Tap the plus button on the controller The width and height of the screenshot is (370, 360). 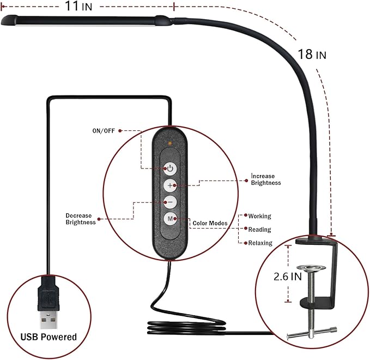click(x=171, y=185)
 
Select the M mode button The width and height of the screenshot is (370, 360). click(x=171, y=219)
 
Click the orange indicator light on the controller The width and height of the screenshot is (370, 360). click(x=171, y=143)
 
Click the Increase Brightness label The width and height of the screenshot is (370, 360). click(x=266, y=179)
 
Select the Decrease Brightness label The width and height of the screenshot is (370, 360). click(x=81, y=219)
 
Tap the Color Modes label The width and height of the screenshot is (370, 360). click(x=210, y=223)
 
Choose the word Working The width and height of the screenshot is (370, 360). click(x=259, y=217)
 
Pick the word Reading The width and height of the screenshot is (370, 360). click(x=259, y=230)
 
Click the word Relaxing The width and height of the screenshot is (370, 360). click(x=260, y=243)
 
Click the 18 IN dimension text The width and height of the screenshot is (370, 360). click(x=312, y=55)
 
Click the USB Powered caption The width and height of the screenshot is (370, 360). click(x=48, y=337)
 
